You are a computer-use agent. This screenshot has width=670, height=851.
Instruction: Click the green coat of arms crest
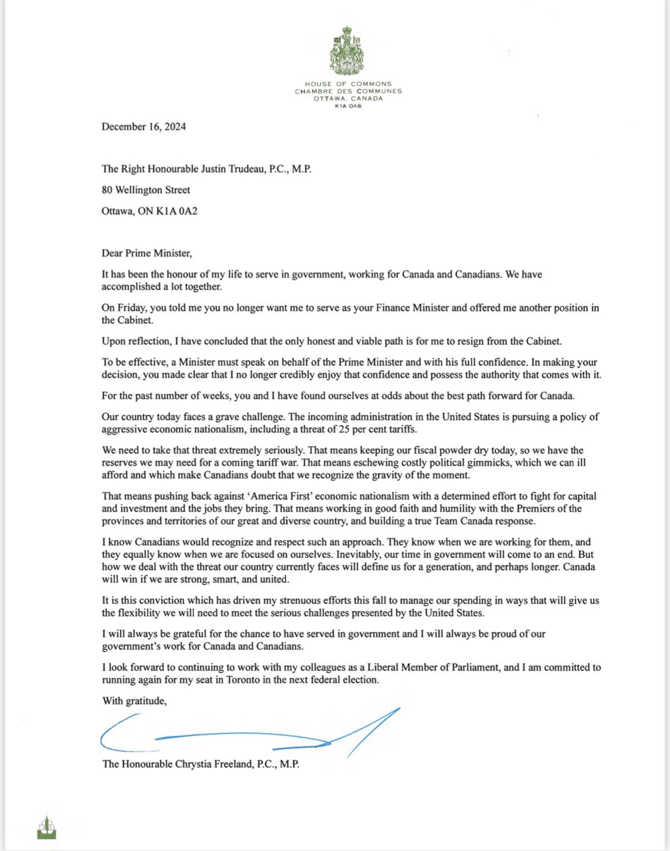pyautogui.click(x=348, y=51)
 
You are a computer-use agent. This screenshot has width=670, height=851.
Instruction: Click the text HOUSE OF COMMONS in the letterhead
pyautogui.click(x=348, y=84)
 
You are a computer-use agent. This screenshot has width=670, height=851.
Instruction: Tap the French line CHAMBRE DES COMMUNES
pyautogui.click(x=348, y=91)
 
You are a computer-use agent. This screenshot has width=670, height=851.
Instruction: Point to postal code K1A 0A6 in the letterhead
pyautogui.click(x=348, y=106)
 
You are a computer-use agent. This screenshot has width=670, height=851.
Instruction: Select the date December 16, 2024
pyautogui.click(x=143, y=127)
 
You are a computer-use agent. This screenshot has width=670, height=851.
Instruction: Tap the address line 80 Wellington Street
pyautogui.click(x=146, y=190)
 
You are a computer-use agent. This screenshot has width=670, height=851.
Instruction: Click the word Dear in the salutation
pyautogui.click(x=112, y=253)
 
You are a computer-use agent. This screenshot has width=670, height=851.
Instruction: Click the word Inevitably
pyautogui.click(x=360, y=555)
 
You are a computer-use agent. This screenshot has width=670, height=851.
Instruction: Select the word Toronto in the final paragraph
pyautogui.click(x=248, y=679)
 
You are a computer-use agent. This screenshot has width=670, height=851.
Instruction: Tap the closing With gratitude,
pyautogui.click(x=134, y=701)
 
